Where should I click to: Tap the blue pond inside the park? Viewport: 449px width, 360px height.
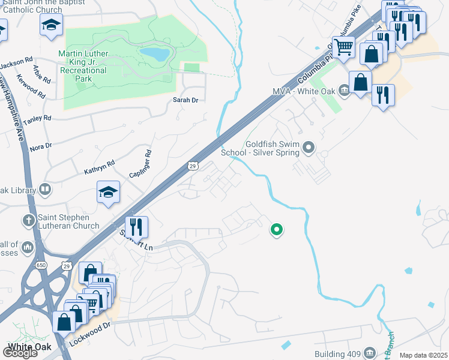click(x=154, y=55)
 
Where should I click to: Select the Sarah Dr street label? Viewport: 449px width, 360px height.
click(x=185, y=100)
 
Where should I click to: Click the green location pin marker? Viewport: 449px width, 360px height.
click(x=277, y=229)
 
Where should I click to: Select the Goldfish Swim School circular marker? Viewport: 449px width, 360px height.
click(x=309, y=147)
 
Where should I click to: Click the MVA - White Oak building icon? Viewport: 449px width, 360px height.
click(x=344, y=91)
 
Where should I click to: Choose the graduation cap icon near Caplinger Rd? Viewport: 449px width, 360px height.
click(x=108, y=193)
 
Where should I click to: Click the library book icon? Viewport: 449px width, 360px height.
click(x=44, y=190)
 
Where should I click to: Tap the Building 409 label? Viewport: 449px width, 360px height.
click(x=337, y=353)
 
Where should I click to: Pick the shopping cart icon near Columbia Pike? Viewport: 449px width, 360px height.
click(x=343, y=46)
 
